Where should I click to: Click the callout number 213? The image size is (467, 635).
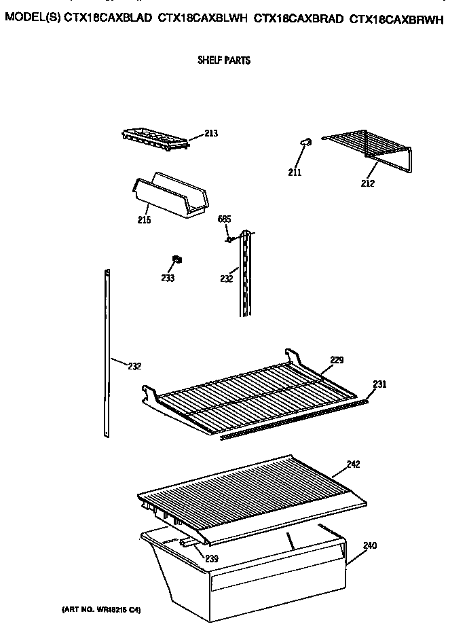click(x=211, y=134)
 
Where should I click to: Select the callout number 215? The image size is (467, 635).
click(x=143, y=219)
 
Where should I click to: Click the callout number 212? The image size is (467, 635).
click(x=367, y=182)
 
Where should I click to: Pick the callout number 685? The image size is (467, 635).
click(x=225, y=219)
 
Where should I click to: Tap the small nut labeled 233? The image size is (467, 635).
click(x=177, y=259)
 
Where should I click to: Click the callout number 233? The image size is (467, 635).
click(x=168, y=278)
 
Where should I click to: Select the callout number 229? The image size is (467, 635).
click(x=337, y=360)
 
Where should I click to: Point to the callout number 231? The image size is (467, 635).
click(x=379, y=384)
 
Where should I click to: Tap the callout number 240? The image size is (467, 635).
click(x=369, y=545)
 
